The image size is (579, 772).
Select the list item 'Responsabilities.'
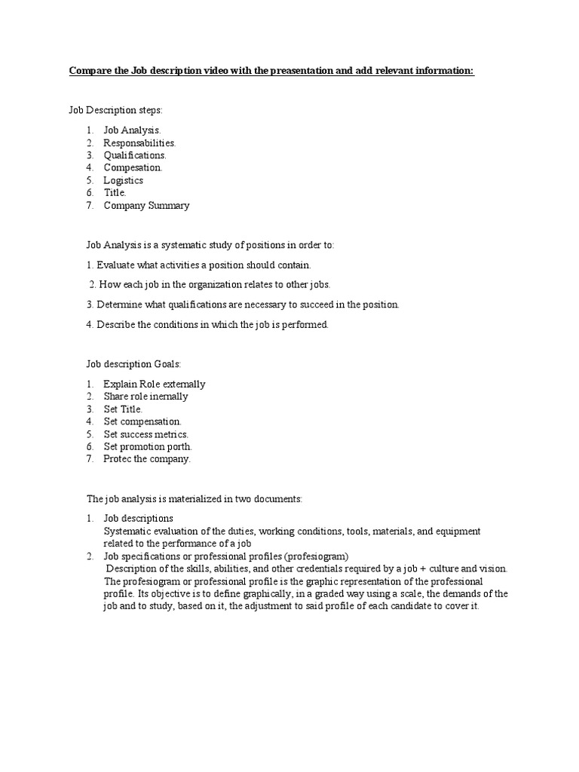[x=139, y=142]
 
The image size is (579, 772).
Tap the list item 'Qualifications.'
[x=135, y=155]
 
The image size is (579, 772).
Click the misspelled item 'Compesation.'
[x=133, y=167]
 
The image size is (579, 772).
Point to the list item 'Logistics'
[x=123, y=180]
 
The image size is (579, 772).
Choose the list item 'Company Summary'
[x=146, y=205]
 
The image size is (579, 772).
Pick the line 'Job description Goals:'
[x=133, y=364]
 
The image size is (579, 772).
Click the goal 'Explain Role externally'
[x=154, y=384]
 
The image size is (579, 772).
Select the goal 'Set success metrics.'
[x=146, y=434]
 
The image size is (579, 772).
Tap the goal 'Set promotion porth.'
[x=148, y=446]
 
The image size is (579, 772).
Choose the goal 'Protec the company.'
[x=147, y=458]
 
